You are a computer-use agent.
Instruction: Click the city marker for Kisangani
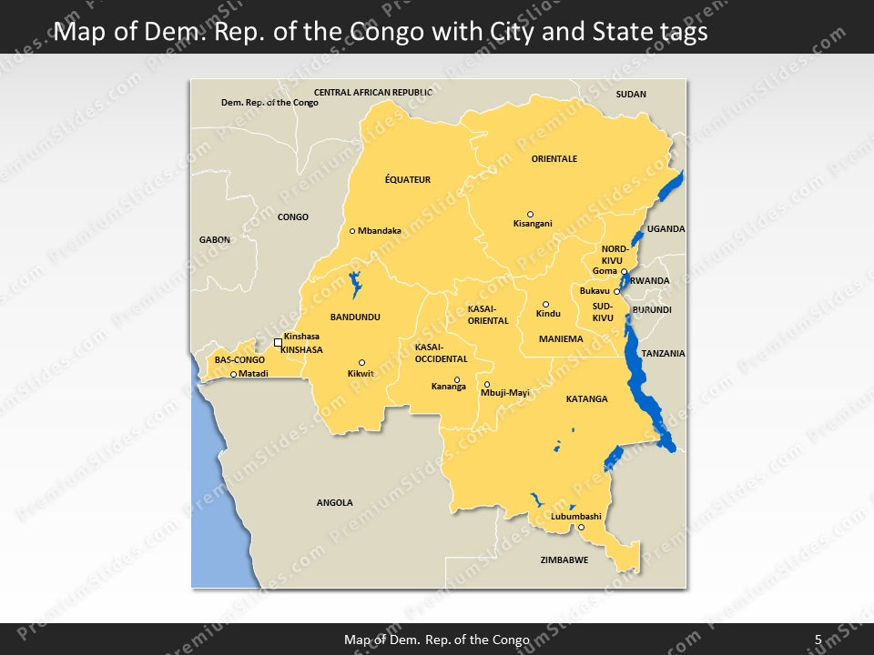(531, 215)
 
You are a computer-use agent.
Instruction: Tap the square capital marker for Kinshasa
(278, 342)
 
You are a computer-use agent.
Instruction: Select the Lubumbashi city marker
(582, 527)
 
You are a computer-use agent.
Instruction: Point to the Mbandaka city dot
(352, 231)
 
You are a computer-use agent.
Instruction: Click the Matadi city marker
(233, 374)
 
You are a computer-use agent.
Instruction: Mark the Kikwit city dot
(361, 362)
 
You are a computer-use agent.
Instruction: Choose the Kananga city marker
(457, 380)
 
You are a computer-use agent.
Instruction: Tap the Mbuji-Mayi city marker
(487, 385)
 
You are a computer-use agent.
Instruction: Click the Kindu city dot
(546, 305)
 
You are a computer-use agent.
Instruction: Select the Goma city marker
(624, 271)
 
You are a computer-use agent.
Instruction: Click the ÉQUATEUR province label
(407, 180)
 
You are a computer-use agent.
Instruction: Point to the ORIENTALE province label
(554, 158)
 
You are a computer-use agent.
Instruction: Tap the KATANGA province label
(586, 399)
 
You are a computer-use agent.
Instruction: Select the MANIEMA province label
(560, 339)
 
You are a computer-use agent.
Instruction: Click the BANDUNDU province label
(354, 317)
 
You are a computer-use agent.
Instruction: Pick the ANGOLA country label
(334, 502)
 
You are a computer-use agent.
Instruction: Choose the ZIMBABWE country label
(564, 559)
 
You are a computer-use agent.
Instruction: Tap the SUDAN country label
(630, 95)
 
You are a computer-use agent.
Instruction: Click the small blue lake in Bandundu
(353, 284)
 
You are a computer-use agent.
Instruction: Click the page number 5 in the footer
(818, 640)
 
